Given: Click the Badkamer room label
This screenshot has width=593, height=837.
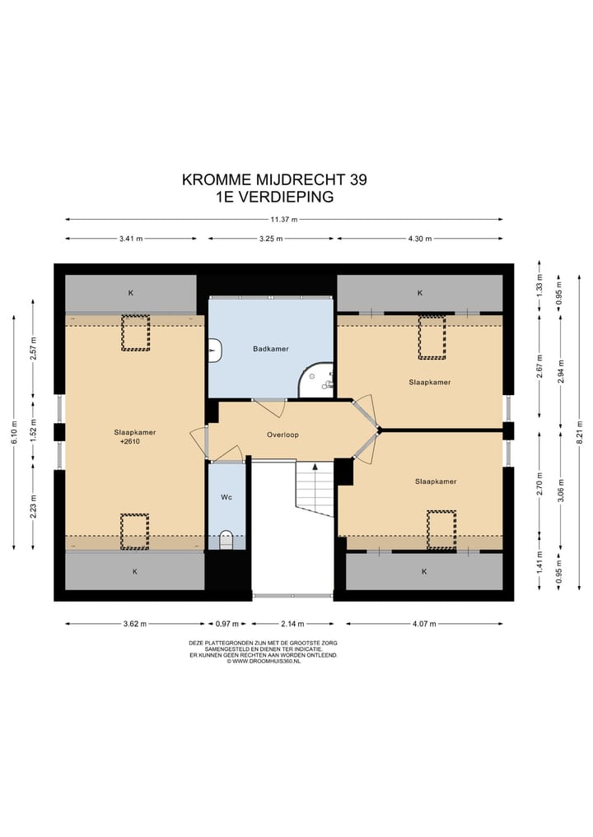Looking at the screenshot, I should pyautogui.click(x=270, y=349).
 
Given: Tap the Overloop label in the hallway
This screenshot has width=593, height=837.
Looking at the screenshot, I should pyautogui.click(x=282, y=435).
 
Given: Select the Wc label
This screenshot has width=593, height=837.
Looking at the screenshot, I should pyautogui.click(x=226, y=497).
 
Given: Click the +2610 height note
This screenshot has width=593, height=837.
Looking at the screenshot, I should pyautogui.click(x=130, y=442).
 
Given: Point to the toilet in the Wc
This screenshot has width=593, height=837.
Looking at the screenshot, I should pyautogui.click(x=226, y=540).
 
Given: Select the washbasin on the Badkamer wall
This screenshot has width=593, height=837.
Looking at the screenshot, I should pyautogui.click(x=214, y=350).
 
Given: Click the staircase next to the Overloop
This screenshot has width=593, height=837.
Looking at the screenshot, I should pyautogui.click(x=314, y=488).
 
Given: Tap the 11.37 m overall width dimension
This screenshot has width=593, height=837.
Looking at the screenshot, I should pyautogui.click(x=284, y=220).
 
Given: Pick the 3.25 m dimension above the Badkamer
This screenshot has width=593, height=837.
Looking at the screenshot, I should pyautogui.click(x=270, y=239).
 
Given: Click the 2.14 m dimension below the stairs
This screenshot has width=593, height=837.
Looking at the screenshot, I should pyautogui.click(x=292, y=624).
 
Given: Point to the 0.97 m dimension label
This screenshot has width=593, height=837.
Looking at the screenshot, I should pyautogui.click(x=227, y=624).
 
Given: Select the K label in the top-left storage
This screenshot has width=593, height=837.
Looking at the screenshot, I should pyautogui.click(x=130, y=292).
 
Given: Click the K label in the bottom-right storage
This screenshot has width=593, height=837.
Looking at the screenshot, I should pyautogui.click(x=425, y=571).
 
